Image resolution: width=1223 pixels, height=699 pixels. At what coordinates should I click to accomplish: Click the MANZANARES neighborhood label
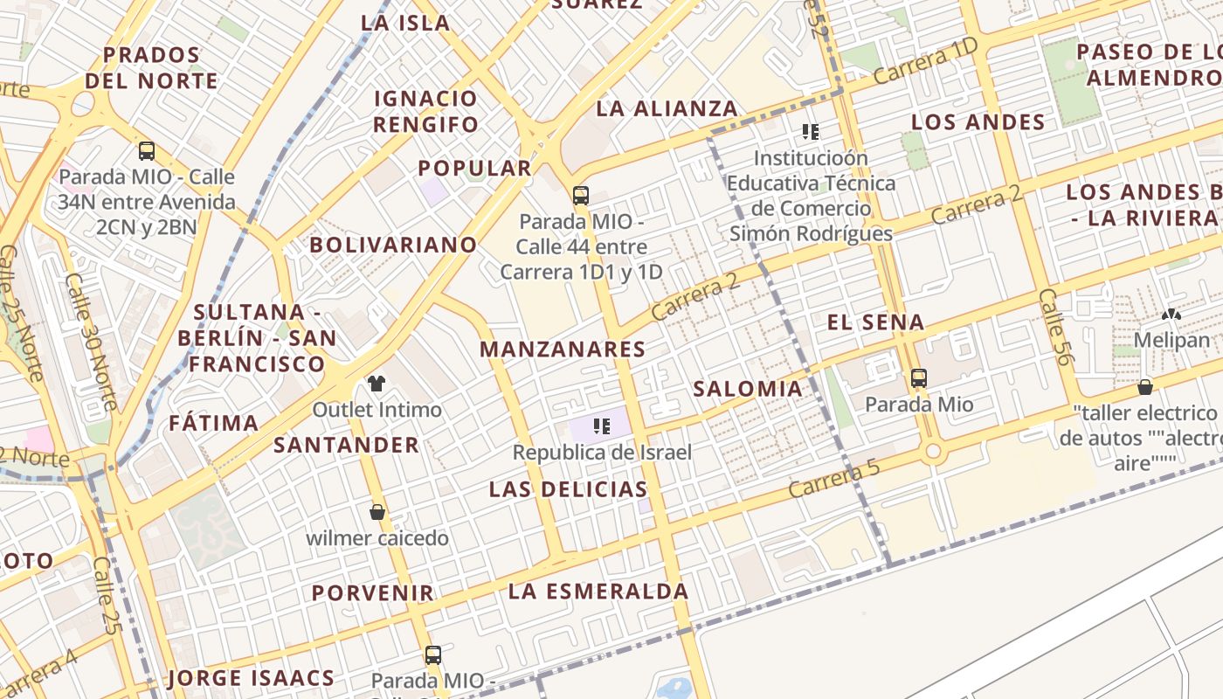click(x=563, y=349)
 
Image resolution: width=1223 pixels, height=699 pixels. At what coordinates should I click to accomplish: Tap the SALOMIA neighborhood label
click(x=747, y=389)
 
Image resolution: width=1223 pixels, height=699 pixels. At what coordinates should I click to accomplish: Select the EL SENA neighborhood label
click(x=875, y=322)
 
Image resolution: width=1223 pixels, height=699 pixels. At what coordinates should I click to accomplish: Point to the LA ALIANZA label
click(x=667, y=109)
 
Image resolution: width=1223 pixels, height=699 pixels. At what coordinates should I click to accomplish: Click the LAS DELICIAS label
click(x=568, y=489)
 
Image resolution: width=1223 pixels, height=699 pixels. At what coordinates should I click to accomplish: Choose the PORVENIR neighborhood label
click(x=373, y=593)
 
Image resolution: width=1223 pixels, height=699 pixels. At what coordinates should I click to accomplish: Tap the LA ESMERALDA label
click(x=598, y=592)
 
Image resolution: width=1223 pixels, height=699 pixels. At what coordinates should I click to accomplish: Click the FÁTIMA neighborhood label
click(x=213, y=424)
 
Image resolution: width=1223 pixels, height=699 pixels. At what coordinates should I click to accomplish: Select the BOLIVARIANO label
click(x=393, y=245)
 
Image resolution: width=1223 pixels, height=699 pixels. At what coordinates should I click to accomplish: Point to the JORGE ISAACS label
click(x=251, y=678)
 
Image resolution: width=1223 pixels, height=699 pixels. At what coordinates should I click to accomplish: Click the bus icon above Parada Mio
click(x=918, y=378)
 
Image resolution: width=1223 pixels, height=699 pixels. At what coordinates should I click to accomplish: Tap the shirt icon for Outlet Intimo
click(x=377, y=383)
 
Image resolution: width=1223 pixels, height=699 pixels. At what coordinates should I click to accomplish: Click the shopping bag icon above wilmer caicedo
click(x=377, y=512)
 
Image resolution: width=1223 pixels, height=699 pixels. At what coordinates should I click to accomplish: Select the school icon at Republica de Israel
click(x=601, y=426)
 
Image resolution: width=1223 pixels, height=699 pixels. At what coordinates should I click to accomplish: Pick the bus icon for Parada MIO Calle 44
click(x=580, y=195)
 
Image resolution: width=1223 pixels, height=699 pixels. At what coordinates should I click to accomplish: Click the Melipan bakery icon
click(x=1171, y=314)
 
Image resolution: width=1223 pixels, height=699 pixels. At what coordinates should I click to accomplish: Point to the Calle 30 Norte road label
click(x=91, y=343)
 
